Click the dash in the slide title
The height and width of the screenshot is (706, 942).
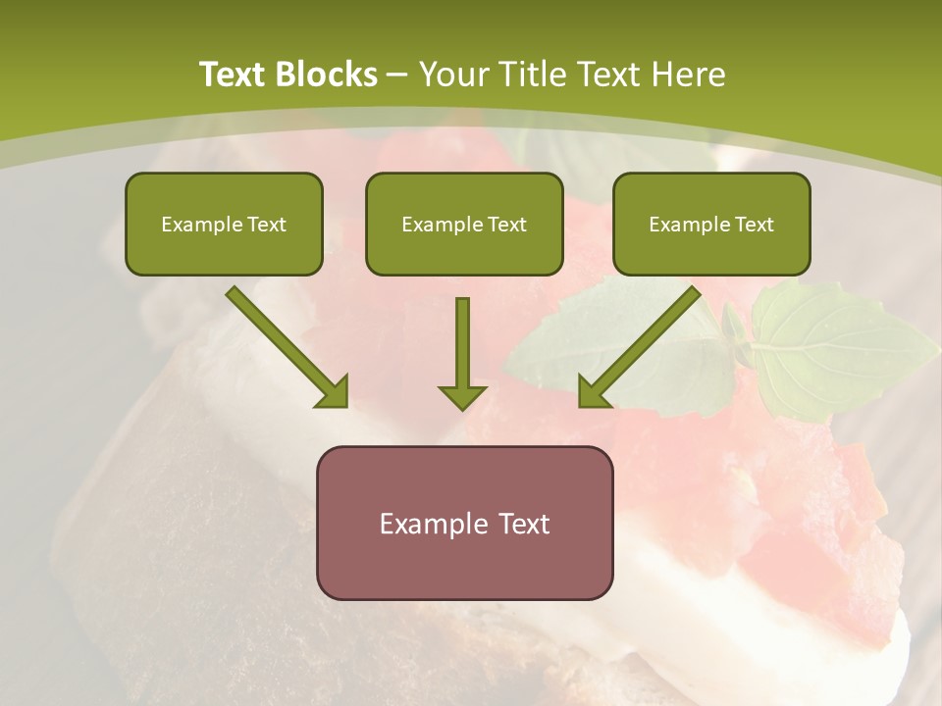[397, 76]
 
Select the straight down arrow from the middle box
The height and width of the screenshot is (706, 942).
[462, 343]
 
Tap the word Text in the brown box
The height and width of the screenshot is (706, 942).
[524, 524]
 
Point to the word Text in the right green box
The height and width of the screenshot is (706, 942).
[754, 225]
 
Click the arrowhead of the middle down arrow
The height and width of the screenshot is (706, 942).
[462, 397]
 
